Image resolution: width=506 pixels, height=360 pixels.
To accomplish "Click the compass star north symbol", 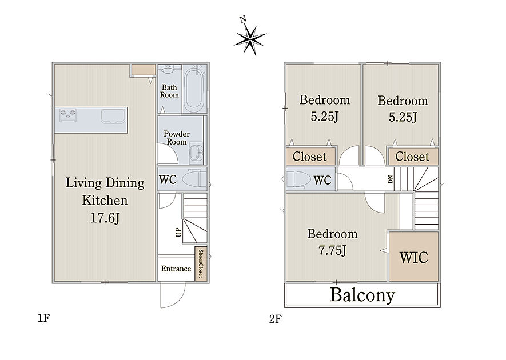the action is click(x=250, y=39).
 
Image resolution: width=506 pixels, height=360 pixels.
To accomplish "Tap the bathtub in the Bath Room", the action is click(x=194, y=89).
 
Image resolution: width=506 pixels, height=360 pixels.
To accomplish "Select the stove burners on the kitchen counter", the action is click(x=68, y=115).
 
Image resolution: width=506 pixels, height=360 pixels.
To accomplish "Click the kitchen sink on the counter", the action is click(x=113, y=116).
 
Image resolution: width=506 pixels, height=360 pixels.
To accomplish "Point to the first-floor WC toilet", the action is click(x=194, y=179).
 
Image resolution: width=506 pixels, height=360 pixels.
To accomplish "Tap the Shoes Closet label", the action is click(x=201, y=263).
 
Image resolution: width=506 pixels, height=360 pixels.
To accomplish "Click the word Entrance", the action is click(x=176, y=269).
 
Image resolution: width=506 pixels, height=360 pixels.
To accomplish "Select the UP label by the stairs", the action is click(x=178, y=232).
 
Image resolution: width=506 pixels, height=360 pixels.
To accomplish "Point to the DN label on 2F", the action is click(x=391, y=179).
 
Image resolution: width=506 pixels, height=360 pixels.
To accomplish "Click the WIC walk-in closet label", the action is click(x=413, y=257).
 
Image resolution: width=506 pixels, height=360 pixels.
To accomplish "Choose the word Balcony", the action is click(x=362, y=294).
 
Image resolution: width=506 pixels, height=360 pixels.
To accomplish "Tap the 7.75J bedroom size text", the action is click(x=332, y=250).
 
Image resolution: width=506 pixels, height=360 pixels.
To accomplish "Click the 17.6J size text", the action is click(x=105, y=218).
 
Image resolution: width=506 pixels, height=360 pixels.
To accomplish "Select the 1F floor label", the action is click(x=43, y=318).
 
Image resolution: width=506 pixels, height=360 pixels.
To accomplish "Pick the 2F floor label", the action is click(x=275, y=319).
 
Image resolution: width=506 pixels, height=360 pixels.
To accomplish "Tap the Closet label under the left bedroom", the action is click(x=309, y=157).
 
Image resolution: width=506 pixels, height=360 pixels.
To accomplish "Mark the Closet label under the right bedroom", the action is click(x=412, y=157).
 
